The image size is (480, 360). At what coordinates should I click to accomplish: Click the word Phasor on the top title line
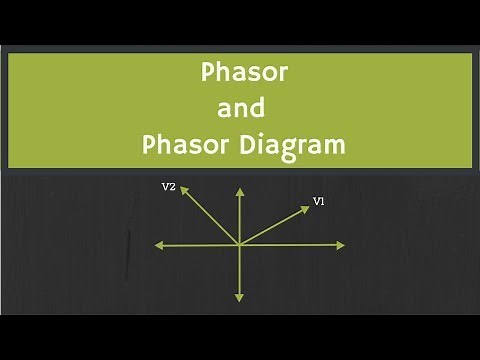coord(240,73)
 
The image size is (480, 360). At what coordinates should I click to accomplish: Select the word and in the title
coord(240,108)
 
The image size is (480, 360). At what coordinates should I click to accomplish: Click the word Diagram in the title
coord(292,144)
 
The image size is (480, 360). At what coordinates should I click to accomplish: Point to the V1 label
coord(319,201)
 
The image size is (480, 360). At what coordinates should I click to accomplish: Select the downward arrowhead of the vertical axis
coord(239,298)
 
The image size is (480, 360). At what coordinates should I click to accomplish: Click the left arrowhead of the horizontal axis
coord(158,245)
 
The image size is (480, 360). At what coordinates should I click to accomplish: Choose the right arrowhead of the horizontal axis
coord(343,245)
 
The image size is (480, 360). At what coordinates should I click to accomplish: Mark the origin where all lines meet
coord(239,245)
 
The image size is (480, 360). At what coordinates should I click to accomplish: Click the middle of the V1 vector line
coord(273,226)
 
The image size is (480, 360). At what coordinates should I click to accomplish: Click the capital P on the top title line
coord(208,73)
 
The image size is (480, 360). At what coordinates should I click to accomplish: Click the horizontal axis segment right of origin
coord(291,245)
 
